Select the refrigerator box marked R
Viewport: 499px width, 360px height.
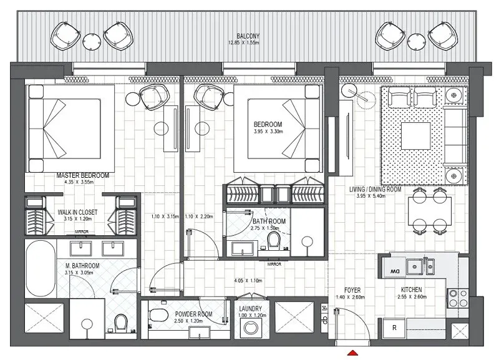(x=394, y=327)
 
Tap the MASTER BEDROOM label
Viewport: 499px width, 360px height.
(x=82, y=176)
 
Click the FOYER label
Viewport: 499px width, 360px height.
(x=352, y=291)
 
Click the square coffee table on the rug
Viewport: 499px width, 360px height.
(x=415, y=134)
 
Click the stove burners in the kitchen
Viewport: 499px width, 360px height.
(x=454, y=298)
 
